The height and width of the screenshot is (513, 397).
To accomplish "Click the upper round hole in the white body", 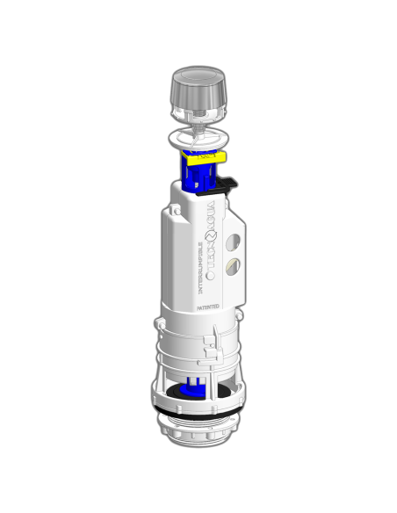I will [233, 239].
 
